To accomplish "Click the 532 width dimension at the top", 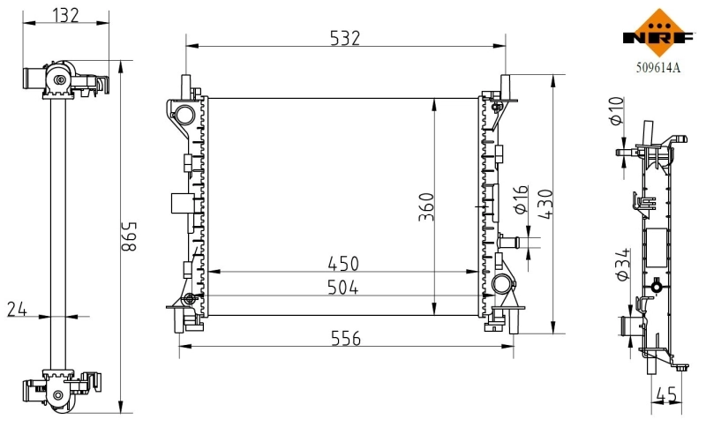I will click(344, 37).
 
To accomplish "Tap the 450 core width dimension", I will click(344, 264).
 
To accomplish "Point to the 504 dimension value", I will click(344, 288).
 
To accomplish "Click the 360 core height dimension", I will click(424, 206).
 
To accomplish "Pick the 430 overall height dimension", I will click(545, 206).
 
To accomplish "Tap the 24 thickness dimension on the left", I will click(17, 308).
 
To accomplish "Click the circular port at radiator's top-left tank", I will click(184, 114).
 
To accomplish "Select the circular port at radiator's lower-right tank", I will click(501, 284).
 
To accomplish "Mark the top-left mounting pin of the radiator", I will click(186, 85).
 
